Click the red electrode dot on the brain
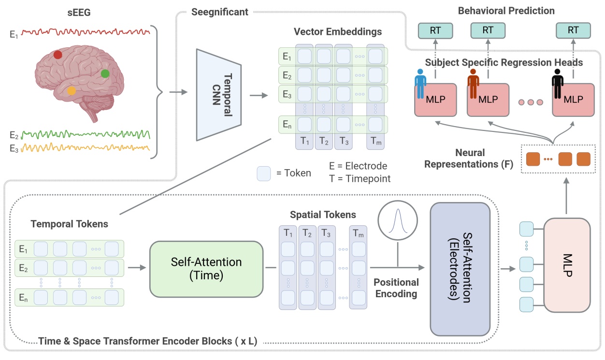[58, 55]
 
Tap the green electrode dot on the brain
[105, 73]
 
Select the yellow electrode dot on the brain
[71, 90]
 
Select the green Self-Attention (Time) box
[206, 269]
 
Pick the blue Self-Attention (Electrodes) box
[460, 269]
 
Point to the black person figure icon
[559, 83]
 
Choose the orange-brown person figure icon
[473, 83]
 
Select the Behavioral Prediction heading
[506, 11]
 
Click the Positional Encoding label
[396, 288]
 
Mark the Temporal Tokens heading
[69, 224]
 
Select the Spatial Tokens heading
[323, 214]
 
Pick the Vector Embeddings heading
[337, 32]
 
